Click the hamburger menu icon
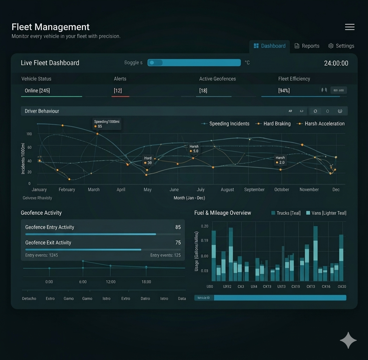349,27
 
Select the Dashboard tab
270,46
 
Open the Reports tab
307,46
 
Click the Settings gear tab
341,46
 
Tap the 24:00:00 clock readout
336,63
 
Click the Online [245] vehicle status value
37,91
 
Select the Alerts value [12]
118,91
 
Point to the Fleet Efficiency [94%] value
284,91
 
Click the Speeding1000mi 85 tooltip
107,124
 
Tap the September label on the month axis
254,189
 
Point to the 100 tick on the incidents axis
29,134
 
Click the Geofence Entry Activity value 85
178,227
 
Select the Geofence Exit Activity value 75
178,243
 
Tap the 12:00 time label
111,282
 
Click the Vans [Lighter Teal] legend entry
326,213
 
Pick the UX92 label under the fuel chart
227,287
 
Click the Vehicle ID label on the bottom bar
204,298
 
